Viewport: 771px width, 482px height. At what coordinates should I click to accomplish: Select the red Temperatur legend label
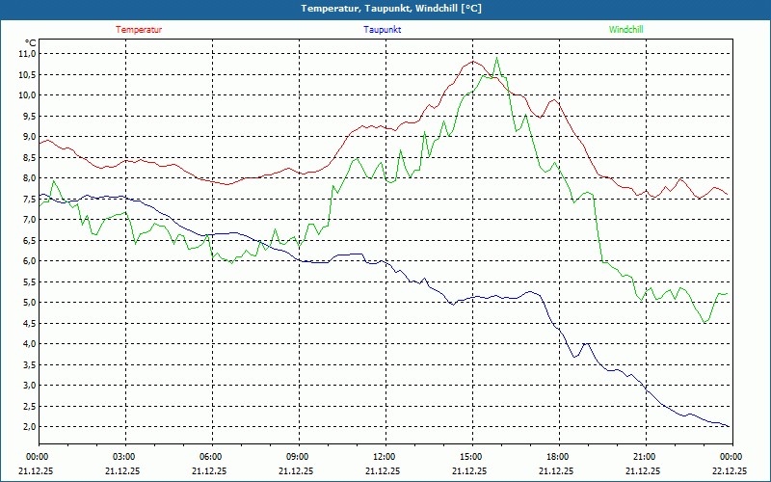pos(139,30)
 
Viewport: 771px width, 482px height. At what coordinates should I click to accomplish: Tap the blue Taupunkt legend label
pos(383,30)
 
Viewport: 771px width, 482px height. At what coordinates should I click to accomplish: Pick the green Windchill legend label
pos(625,30)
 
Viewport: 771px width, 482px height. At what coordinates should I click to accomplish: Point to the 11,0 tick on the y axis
pos(26,54)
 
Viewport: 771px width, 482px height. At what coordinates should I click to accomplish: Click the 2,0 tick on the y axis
pos(26,427)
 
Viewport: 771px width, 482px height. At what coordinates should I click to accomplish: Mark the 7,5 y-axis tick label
pos(26,200)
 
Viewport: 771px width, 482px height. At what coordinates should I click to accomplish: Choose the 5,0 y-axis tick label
pos(26,303)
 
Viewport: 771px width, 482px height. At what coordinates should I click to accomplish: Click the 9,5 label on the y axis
pos(26,117)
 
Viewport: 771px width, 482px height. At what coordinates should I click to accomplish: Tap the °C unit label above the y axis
pos(30,42)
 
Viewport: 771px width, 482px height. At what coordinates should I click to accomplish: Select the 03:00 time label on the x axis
pos(124,457)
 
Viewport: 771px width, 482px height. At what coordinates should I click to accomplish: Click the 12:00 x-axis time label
pos(384,457)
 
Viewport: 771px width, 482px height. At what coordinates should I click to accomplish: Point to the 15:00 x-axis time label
pos(470,457)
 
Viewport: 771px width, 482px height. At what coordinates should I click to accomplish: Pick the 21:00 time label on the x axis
pos(644,457)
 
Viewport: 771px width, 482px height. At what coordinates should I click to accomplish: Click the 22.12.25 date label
pos(730,471)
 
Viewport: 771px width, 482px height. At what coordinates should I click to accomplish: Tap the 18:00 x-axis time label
pos(557,457)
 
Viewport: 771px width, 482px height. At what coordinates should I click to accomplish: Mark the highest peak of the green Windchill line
pos(497,58)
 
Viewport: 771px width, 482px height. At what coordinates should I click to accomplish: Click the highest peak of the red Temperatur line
pos(473,62)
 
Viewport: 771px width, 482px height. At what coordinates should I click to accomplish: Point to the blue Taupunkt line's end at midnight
pos(729,426)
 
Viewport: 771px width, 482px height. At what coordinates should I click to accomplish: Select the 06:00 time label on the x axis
pos(211,457)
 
